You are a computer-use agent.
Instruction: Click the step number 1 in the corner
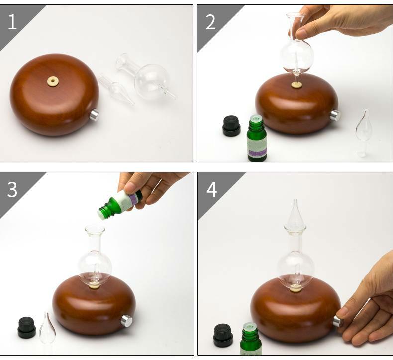tap(12, 22)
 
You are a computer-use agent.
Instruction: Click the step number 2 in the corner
tap(210, 22)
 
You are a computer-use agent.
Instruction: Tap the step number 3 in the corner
tap(12, 190)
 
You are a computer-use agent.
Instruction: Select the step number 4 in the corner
tap(211, 190)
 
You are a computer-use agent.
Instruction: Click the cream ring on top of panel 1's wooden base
tap(53, 81)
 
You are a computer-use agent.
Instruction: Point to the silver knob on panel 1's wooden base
tap(94, 116)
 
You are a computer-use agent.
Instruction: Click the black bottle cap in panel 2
tap(231, 125)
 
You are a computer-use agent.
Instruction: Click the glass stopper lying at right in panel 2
tap(363, 130)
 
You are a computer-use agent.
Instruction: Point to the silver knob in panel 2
tap(335, 116)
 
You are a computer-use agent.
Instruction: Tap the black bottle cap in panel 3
tap(27, 327)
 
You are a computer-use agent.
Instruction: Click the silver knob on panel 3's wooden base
tap(127, 321)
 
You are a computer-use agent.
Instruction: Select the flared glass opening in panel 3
tap(95, 231)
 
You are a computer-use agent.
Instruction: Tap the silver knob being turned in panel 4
tap(338, 321)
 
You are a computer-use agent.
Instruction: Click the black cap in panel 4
tap(223, 335)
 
